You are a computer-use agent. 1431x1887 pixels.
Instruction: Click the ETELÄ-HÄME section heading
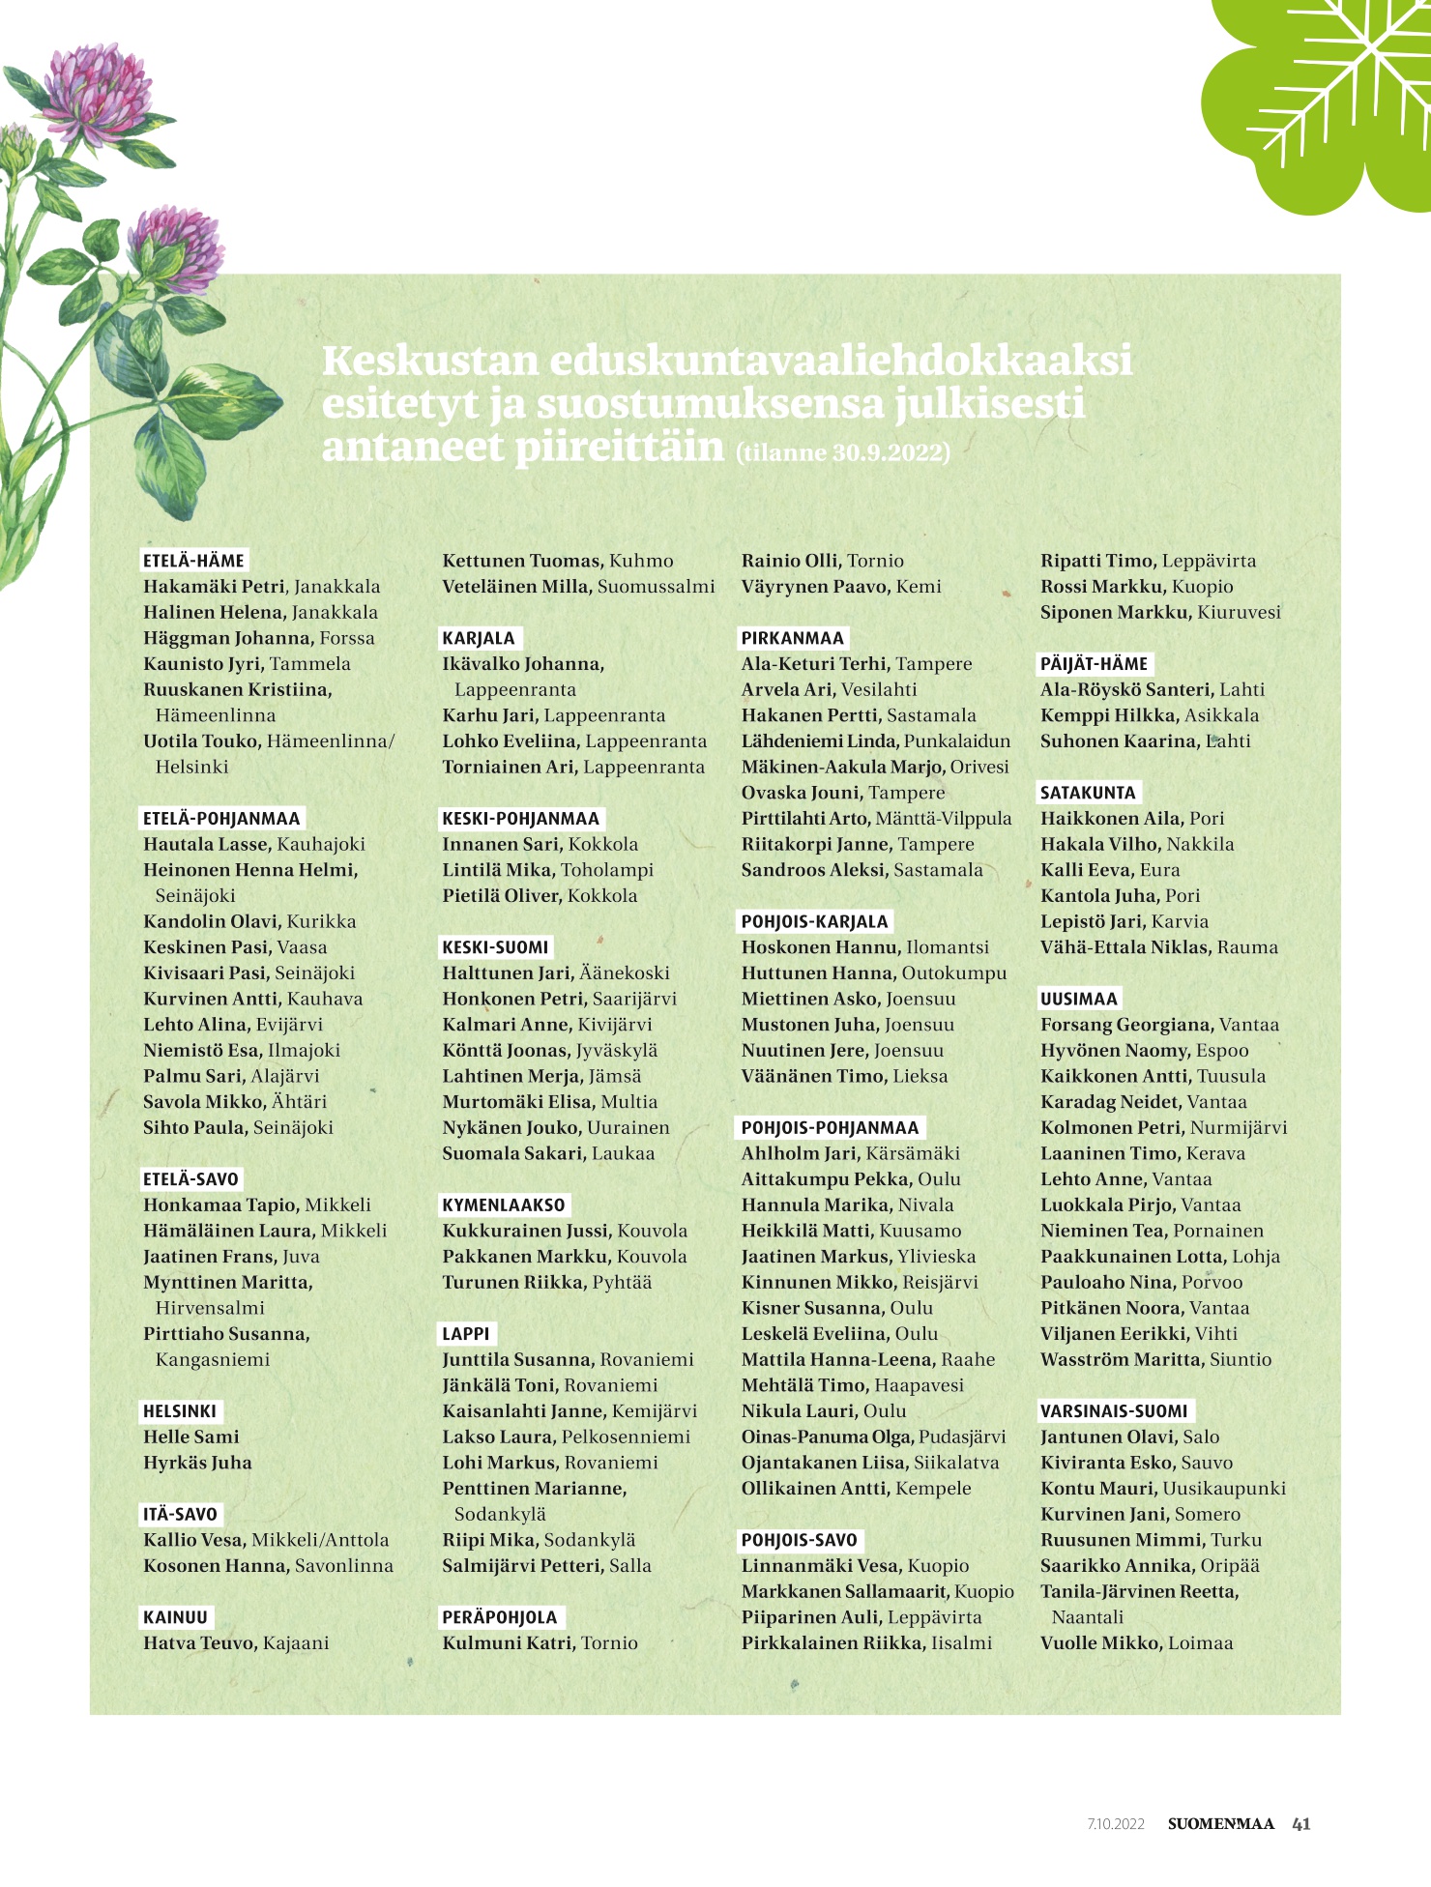point(193,561)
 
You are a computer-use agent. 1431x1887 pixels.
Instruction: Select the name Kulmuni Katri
point(510,1642)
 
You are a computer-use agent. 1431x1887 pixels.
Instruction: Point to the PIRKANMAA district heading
point(793,638)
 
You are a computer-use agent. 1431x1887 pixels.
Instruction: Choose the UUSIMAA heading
point(1079,999)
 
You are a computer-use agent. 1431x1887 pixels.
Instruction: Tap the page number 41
point(1301,1824)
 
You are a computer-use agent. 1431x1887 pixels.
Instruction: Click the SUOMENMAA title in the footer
point(1220,1824)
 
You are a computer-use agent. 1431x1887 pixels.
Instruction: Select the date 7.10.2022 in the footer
point(1115,1824)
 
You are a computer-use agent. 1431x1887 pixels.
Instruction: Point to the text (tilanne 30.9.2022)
point(843,452)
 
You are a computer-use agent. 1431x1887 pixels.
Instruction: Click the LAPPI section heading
point(466,1334)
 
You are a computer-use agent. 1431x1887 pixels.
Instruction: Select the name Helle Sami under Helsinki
point(191,1437)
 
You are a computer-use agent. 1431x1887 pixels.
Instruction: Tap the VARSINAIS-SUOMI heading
point(1114,1411)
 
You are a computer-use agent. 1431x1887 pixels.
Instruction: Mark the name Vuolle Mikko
point(1101,1642)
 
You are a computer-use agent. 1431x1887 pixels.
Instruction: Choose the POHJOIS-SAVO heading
point(800,1540)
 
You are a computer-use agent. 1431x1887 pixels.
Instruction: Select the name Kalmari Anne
point(508,1025)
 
